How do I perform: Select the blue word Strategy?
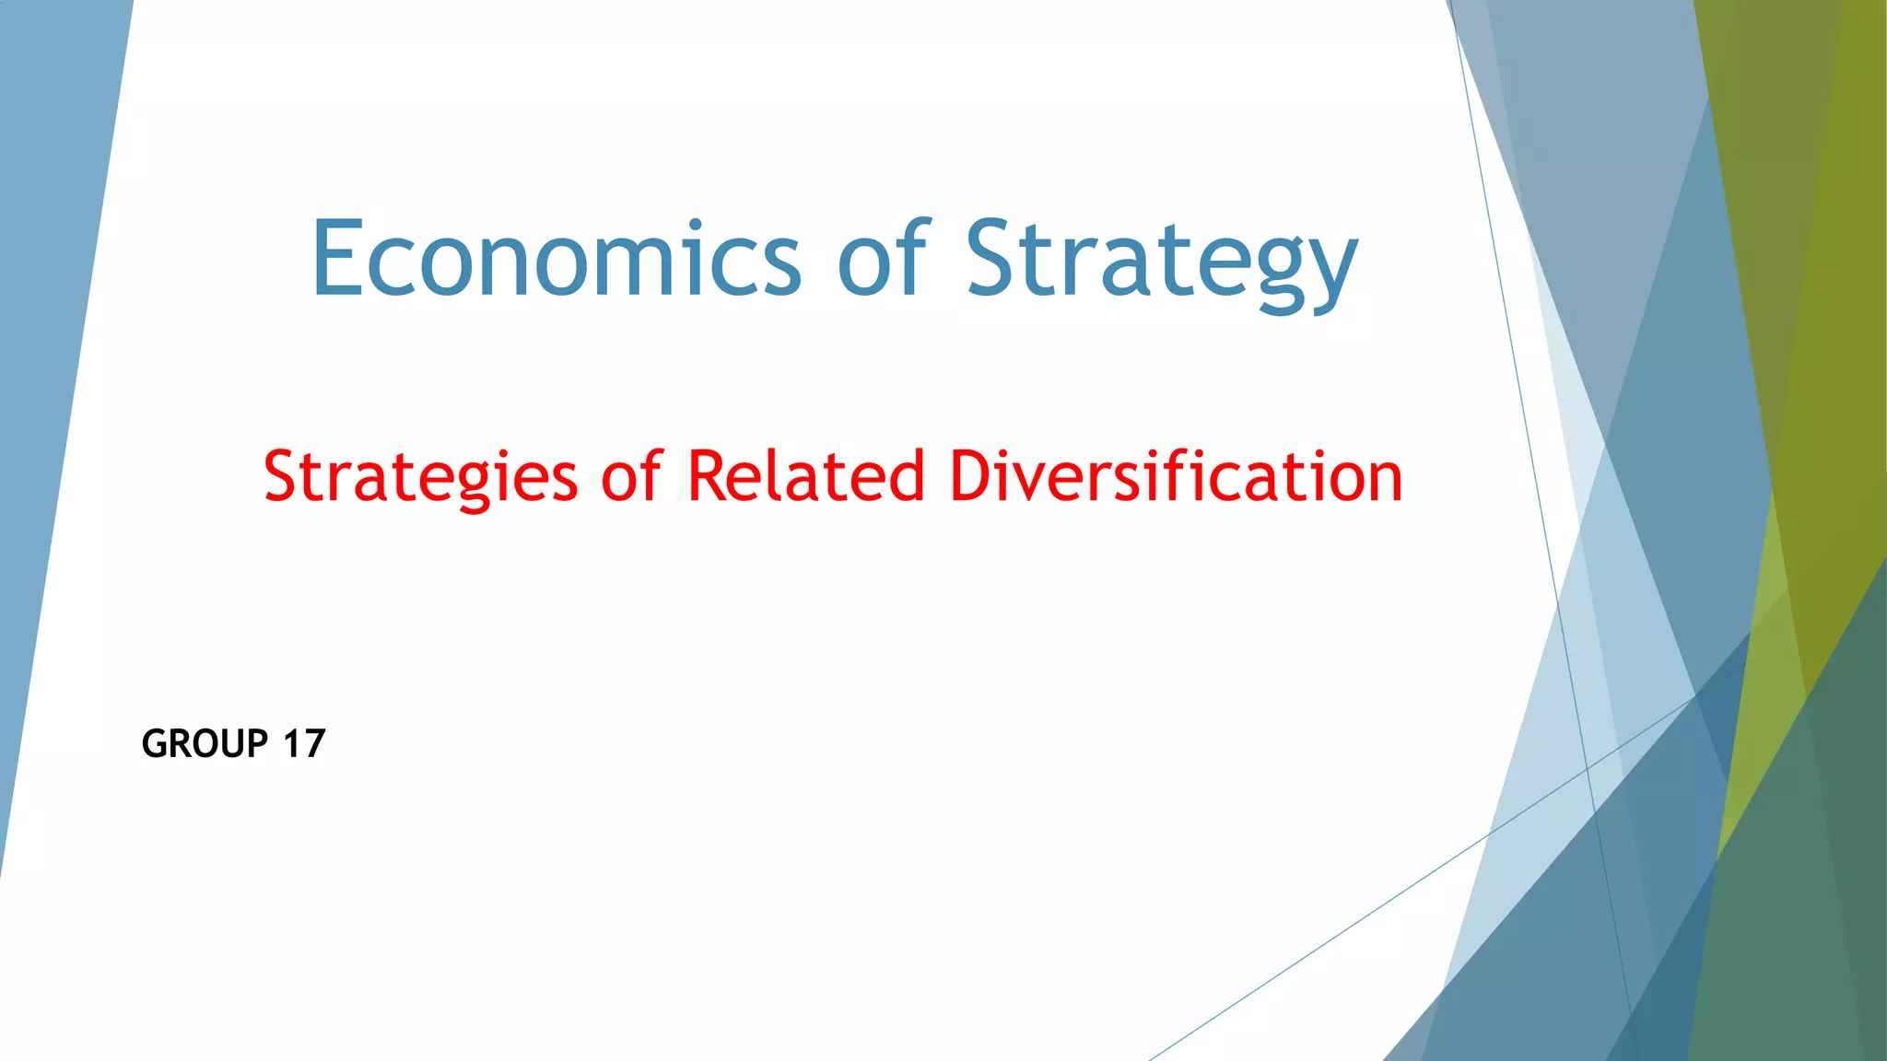1162,262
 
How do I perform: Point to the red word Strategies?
421,477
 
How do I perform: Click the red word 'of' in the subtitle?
631,476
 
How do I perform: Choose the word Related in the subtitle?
805,476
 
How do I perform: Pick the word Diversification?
1176,476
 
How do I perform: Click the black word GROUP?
205,743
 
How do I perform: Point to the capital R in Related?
707,476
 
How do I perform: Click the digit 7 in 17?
314,743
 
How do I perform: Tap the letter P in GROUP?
257,743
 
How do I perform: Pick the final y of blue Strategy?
1331,272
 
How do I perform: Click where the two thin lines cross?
1588,765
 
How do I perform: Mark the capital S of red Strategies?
280,476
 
